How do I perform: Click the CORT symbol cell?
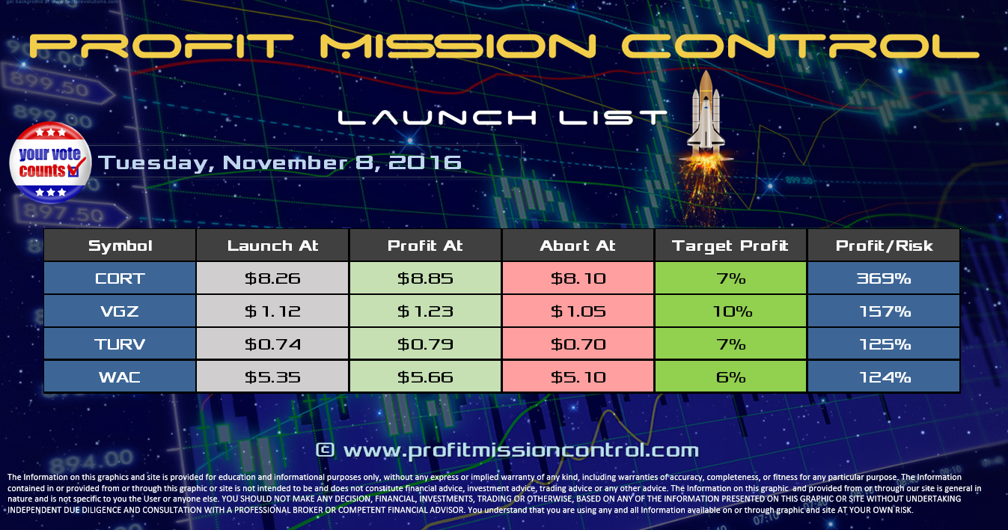pyautogui.click(x=120, y=278)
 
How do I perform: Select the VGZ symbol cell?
pyautogui.click(x=120, y=311)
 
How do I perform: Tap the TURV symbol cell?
pyautogui.click(x=120, y=344)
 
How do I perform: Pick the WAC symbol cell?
pyautogui.click(x=120, y=377)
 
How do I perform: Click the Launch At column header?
pyautogui.click(x=272, y=246)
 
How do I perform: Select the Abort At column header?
pyautogui.click(x=578, y=246)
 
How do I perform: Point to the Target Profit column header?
pyautogui.click(x=730, y=246)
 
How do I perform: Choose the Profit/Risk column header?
pyautogui.click(x=884, y=246)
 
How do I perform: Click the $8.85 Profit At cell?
pyautogui.click(x=425, y=278)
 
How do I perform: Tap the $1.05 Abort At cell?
pyautogui.click(x=578, y=311)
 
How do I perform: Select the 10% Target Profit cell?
pyautogui.click(x=730, y=311)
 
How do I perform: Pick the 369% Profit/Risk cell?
pyautogui.click(x=884, y=278)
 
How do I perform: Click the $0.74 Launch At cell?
pyautogui.click(x=272, y=344)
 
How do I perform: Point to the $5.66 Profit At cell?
pyautogui.click(x=425, y=377)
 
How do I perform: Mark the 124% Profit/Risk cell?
pyautogui.click(x=884, y=377)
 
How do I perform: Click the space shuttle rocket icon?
pyautogui.click(x=706, y=112)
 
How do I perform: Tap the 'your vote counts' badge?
pyautogui.click(x=49, y=162)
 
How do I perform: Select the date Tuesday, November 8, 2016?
pyautogui.click(x=280, y=162)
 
